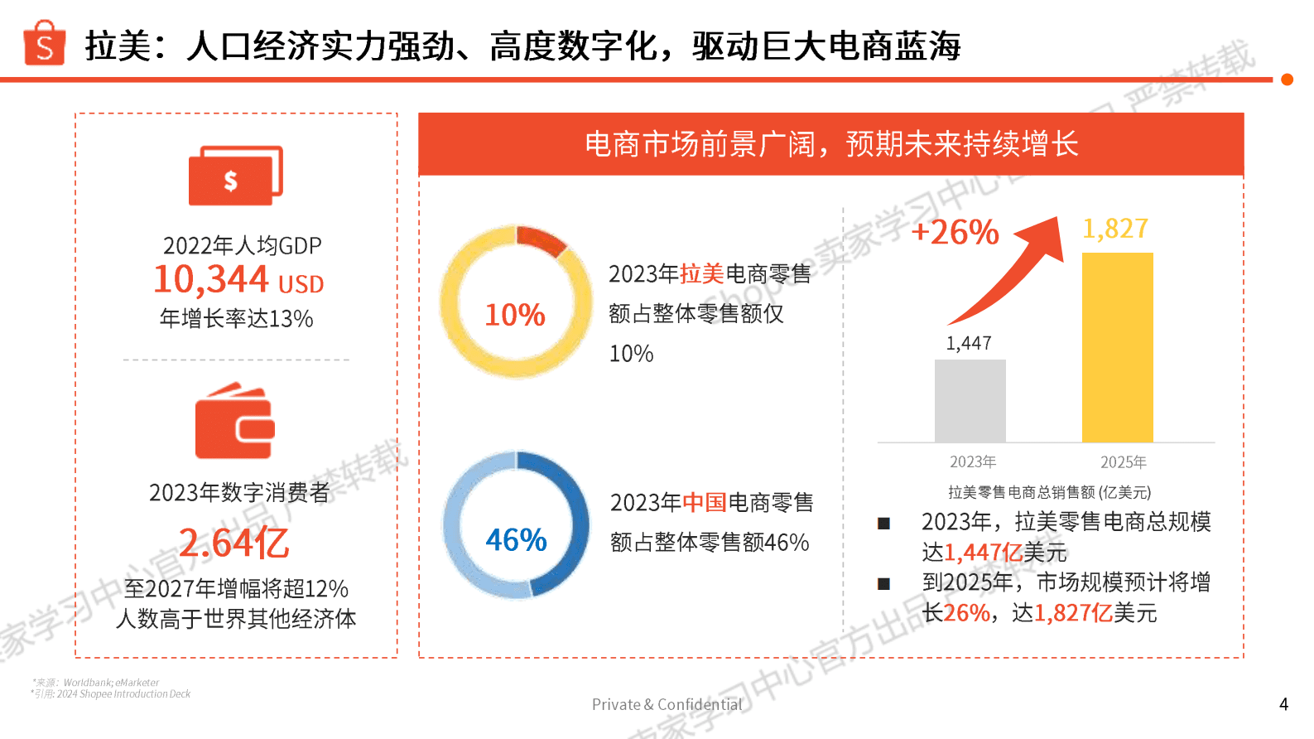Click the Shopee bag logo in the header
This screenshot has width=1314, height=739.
click(45, 43)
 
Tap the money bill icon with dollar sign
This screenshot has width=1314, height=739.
click(234, 176)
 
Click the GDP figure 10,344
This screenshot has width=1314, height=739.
click(211, 279)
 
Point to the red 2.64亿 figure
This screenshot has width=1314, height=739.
click(234, 543)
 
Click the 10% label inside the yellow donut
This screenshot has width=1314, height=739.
click(514, 315)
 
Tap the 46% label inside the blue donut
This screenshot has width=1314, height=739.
click(516, 540)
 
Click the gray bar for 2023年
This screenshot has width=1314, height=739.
click(970, 401)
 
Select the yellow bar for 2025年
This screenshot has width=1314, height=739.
click(1117, 348)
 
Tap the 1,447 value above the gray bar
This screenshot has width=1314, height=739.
click(969, 343)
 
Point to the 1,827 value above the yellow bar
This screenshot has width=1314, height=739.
click(1115, 229)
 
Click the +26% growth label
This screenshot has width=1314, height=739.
click(955, 232)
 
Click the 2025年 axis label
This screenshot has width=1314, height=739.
click(1123, 462)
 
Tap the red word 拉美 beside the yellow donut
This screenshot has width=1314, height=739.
click(702, 274)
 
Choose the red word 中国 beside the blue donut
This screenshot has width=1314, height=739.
click(705, 503)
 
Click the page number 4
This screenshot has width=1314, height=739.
click(1283, 704)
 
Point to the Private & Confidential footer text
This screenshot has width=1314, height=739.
click(667, 704)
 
